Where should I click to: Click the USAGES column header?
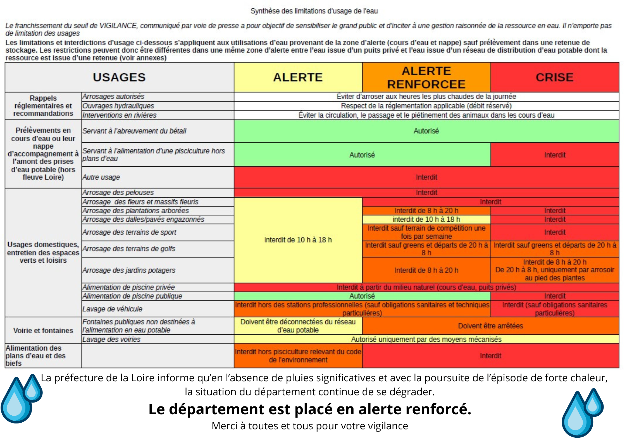[x=119, y=77]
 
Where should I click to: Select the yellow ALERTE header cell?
[x=298, y=77]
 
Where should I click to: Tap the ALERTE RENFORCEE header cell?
[x=426, y=77]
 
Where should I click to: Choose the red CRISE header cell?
[x=555, y=77]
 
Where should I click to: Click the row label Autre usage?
[x=101, y=177]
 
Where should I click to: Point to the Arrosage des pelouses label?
[x=118, y=193]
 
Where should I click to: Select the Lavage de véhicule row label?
[x=112, y=309]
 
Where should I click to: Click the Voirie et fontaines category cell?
[x=43, y=331]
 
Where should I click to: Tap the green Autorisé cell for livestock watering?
[x=426, y=131]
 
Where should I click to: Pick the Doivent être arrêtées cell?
[x=490, y=326]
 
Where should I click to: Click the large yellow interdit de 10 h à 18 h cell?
[x=298, y=240]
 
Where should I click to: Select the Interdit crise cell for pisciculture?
[x=555, y=155]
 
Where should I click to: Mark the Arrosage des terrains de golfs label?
[x=129, y=249]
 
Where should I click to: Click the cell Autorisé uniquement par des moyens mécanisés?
[x=426, y=339]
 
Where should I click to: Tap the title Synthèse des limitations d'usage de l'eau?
[x=314, y=11]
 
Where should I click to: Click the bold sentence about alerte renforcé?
[x=310, y=410]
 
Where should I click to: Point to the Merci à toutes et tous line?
[x=310, y=426]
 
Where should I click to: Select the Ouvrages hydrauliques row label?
[x=118, y=106]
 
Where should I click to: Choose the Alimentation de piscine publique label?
[x=132, y=296]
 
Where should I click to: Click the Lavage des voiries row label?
[x=111, y=339]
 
